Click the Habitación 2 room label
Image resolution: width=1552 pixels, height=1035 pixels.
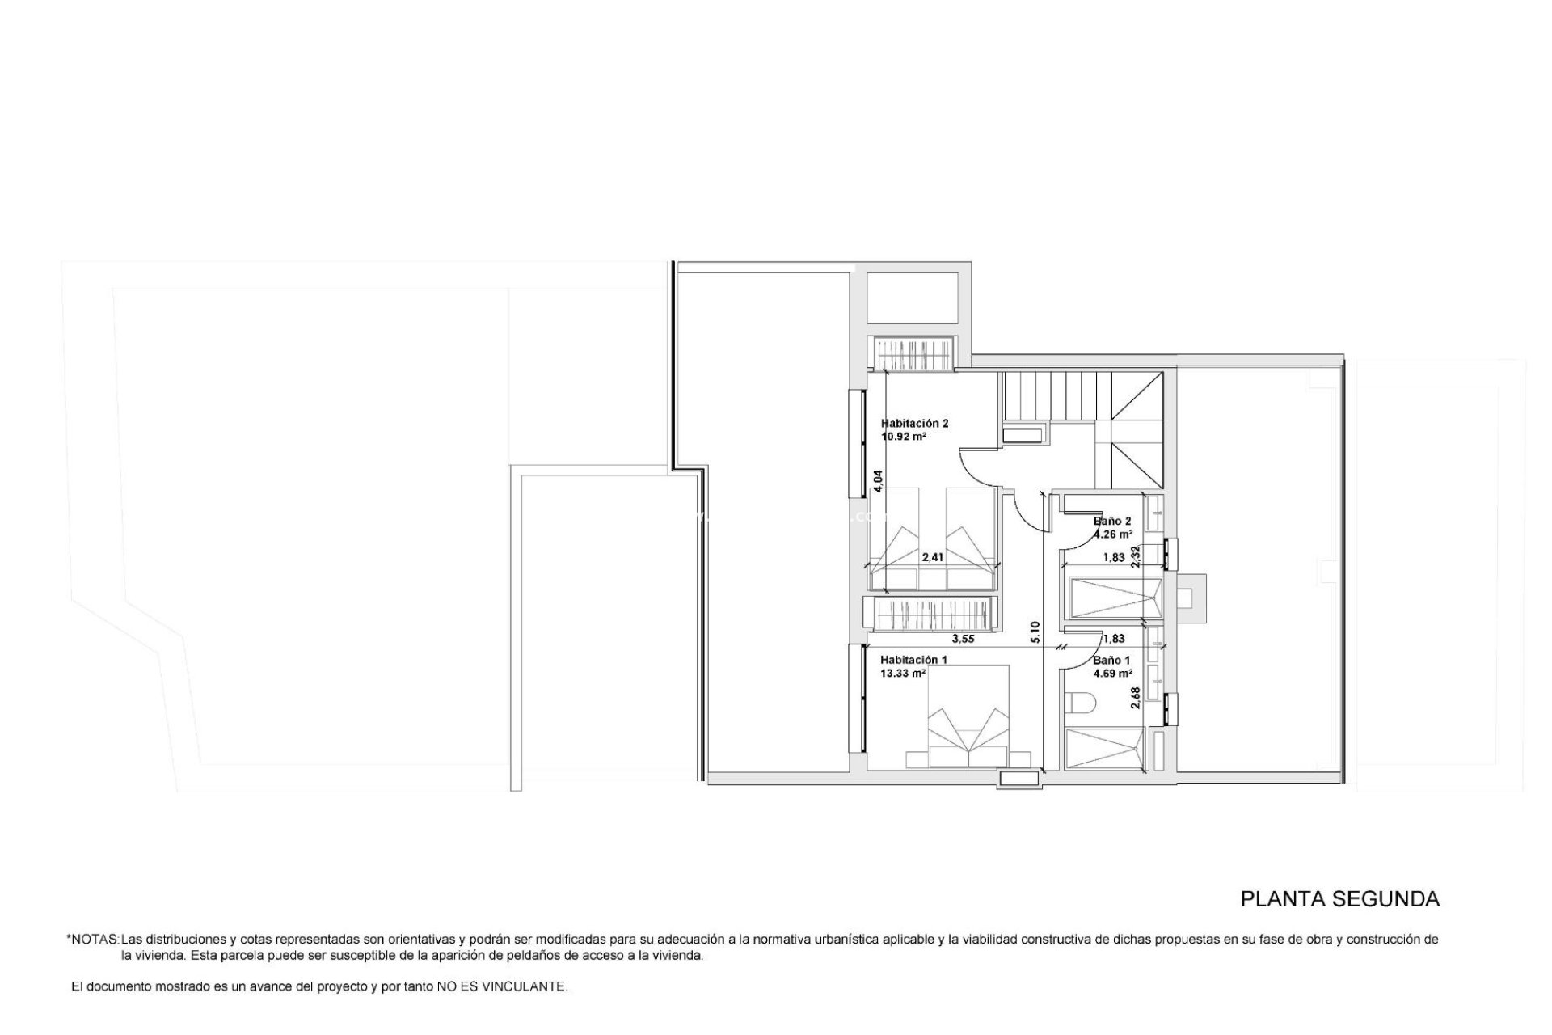coord(914,423)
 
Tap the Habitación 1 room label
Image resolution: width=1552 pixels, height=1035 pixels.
coord(913,660)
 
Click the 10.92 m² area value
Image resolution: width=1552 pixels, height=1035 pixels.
coord(904,436)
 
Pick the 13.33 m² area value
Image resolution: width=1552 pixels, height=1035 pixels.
coord(903,673)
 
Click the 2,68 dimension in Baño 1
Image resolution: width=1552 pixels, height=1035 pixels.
coord(1136,698)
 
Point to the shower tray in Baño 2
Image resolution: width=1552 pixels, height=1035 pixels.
coord(1111,597)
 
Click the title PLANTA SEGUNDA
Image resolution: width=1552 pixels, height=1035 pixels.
coord(1340,898)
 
